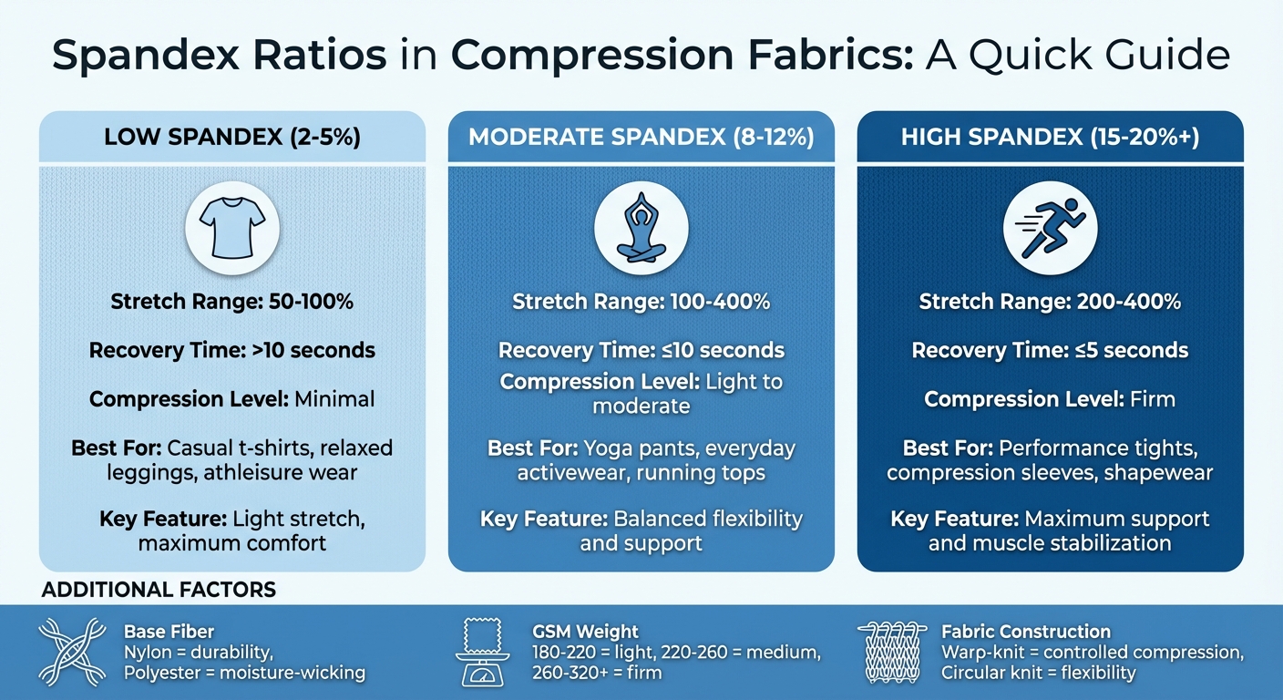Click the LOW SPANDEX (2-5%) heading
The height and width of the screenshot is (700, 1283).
click(232, 138)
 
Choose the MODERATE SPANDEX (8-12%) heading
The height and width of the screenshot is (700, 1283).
click(641, 138)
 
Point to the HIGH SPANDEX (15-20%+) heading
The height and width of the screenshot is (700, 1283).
click(1050, 138)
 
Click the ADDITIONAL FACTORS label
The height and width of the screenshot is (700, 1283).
click(159, 591)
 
